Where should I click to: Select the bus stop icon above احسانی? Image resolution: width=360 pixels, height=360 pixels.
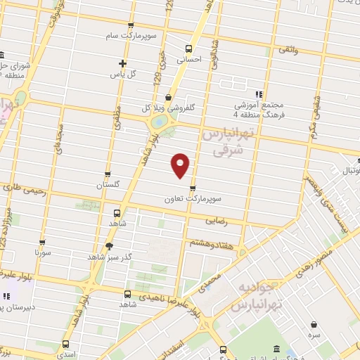pos(188,49)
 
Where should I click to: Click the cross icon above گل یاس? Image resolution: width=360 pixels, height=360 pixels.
pos(123,63)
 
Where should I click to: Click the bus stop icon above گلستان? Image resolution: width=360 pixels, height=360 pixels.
pos(108,174)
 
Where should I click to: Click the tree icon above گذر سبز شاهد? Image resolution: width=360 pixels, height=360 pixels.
pos(108,245)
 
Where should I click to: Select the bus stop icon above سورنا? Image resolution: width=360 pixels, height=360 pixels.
pos(43,241)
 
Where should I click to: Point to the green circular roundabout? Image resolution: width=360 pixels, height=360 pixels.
pos(160,123)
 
